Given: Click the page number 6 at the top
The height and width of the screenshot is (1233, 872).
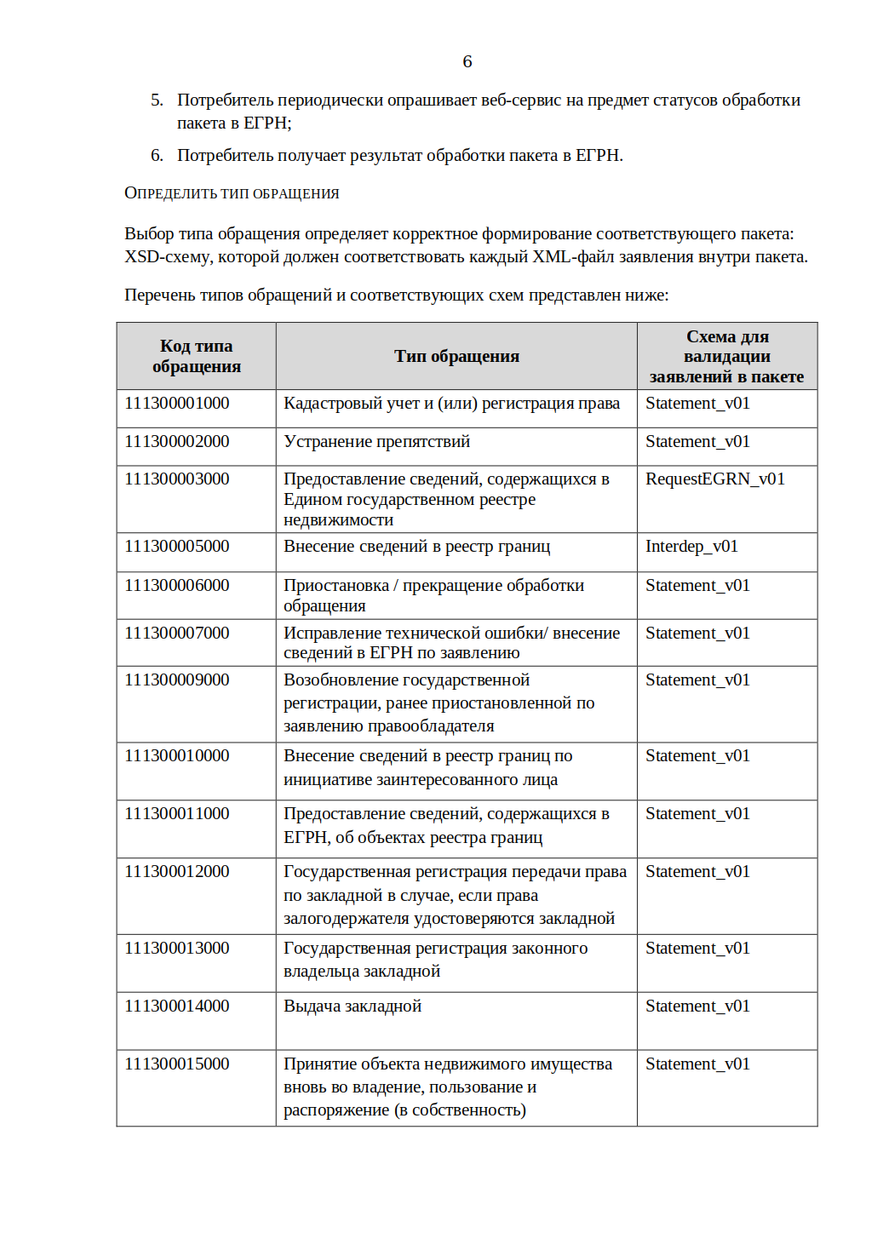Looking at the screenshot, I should (467, 61).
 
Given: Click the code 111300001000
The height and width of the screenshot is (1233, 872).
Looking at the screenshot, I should (177, 404).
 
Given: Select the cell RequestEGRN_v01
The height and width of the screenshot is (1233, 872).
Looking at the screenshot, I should (714, 479).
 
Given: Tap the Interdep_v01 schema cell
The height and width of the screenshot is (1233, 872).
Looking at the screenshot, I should (691, 547).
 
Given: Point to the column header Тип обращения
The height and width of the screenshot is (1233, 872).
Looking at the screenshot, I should (456, 357).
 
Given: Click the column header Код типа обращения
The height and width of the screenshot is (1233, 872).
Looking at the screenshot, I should (197, 357).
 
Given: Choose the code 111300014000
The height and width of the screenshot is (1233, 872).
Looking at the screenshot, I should (177, 1006).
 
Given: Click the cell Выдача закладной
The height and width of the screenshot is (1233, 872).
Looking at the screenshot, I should (353, 1006).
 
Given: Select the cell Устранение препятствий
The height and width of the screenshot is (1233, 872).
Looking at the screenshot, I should (376, 442).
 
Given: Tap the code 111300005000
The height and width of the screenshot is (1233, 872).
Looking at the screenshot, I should (177, 547).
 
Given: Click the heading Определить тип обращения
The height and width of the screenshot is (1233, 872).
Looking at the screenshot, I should (232, 193).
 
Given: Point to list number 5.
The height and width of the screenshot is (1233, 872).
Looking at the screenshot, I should (157, 100).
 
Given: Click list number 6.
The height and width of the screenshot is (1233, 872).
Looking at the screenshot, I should (157, 156).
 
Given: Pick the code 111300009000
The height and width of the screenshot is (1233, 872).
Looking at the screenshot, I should (177, 680).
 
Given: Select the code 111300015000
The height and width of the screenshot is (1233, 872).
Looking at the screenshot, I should (177, 1064).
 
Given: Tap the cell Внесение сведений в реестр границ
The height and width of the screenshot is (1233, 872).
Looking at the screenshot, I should (416, 547).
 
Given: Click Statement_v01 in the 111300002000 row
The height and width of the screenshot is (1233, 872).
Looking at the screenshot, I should (697, 442).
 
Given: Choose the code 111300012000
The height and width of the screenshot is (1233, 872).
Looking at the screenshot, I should (177, 872).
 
